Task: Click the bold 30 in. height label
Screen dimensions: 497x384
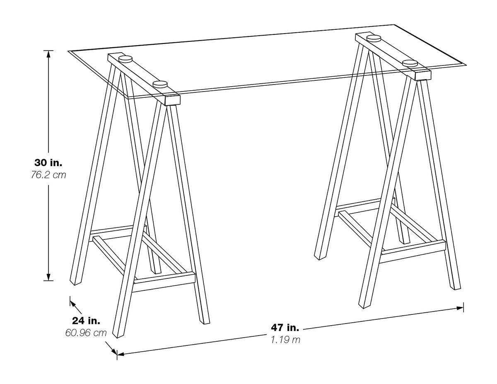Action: [x=48, y=163]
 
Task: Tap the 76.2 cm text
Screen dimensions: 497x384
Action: [x=48, y=175]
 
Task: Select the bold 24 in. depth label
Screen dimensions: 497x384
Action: [x=86, y=321]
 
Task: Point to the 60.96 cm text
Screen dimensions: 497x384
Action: [x=86, y=333]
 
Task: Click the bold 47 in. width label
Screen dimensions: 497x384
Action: [x=285, y=328]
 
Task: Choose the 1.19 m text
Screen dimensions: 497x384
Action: [x=285, y=340]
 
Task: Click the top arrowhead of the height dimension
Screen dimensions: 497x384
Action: [x=48, y=54]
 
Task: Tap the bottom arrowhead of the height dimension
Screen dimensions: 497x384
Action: [x=48, y=276]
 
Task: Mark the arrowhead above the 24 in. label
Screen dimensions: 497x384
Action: [x=73, y=304]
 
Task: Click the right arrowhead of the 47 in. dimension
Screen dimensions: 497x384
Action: [x=460, y=308]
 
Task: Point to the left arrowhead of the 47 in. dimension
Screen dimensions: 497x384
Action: [x=121, y=354]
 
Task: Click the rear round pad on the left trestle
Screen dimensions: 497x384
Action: [x=125, y=58]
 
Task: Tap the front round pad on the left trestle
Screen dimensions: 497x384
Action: [x=160, y=85]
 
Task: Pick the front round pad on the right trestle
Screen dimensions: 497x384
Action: [x=410, y=63]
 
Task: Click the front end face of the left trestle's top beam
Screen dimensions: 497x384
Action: [x=173, y=100]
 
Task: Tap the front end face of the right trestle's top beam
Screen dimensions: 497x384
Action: [x=423, y=75]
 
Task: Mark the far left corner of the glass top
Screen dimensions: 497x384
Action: [x=68, y=51]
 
